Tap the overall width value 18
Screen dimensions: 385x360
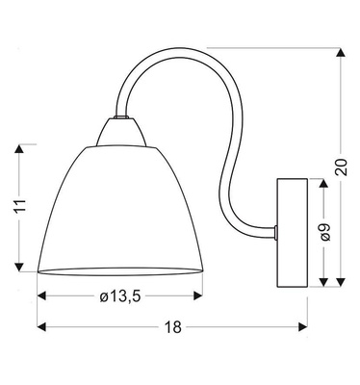(172, 327)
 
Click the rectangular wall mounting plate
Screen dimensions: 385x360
(291, 232)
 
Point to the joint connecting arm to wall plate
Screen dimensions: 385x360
(275, 230)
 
